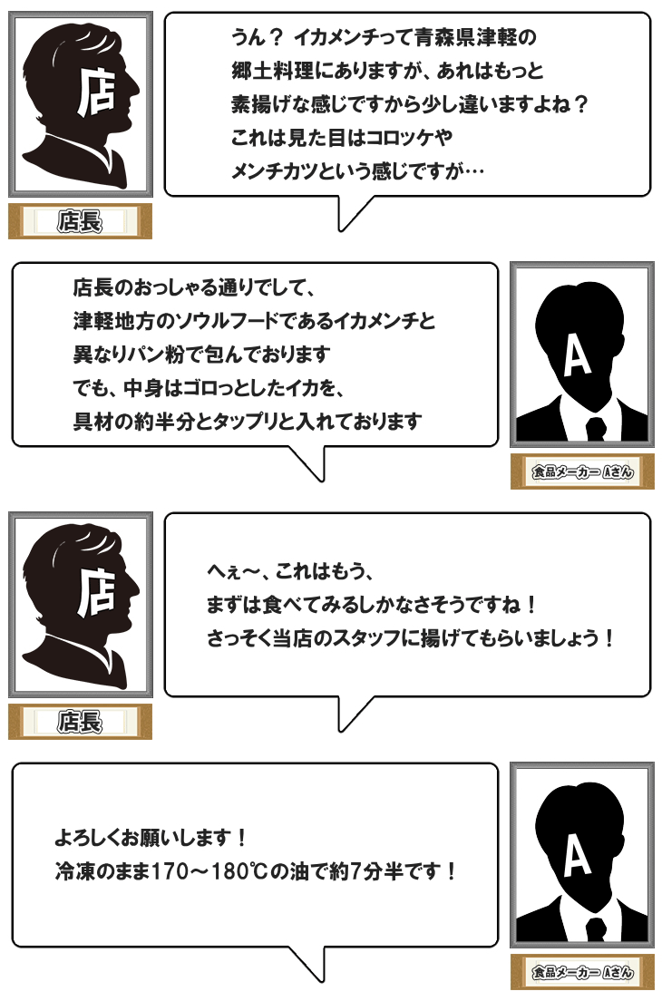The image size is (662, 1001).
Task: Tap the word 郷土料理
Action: point(272,70)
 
